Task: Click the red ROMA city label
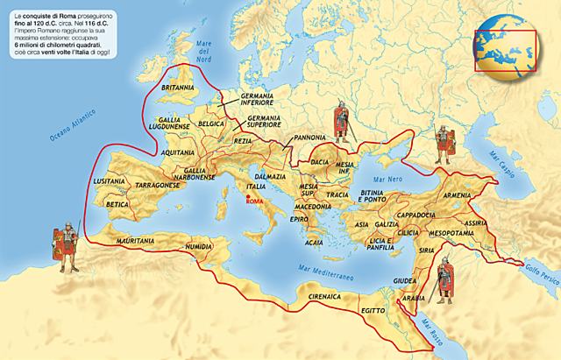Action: point(254,201)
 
